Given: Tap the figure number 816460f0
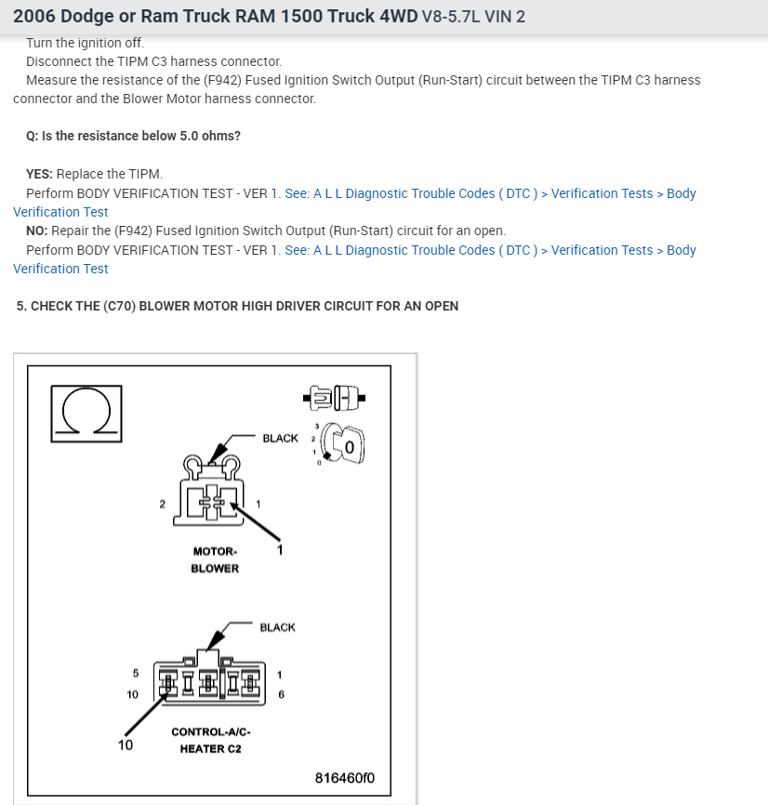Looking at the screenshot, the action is pyautogui.click(x=345, y=777).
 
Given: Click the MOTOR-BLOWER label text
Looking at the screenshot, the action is pyautogui.click(x=215, y=560).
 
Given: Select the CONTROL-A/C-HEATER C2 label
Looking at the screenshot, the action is pyautogui.click(x=210, y=740).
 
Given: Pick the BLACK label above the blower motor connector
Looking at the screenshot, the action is pyautogui.click(x=280, y=438).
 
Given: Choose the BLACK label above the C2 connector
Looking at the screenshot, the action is pyautogui.click(x=277, y=627).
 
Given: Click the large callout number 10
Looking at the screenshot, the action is pyautogui.click(x=126, y=745).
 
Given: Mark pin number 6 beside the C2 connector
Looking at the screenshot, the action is pyautogui.click(x=281, y=693).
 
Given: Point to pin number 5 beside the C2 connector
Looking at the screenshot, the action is pyautogui.click(x=135, y=673).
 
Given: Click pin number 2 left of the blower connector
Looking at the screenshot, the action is pyautogui.click(x=162, y=504).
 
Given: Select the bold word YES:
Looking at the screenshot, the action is pyautogui.click(x=40, y=174).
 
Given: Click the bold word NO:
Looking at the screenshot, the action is pyautogui.click(x=37, y=231).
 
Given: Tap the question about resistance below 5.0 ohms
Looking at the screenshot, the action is pyautogui.click(x=133, y=136).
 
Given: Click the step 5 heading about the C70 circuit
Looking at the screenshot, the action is pyautogui.click(x=237, y=306).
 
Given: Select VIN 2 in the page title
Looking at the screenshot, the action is pyautogui.click(x=502, y=17).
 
